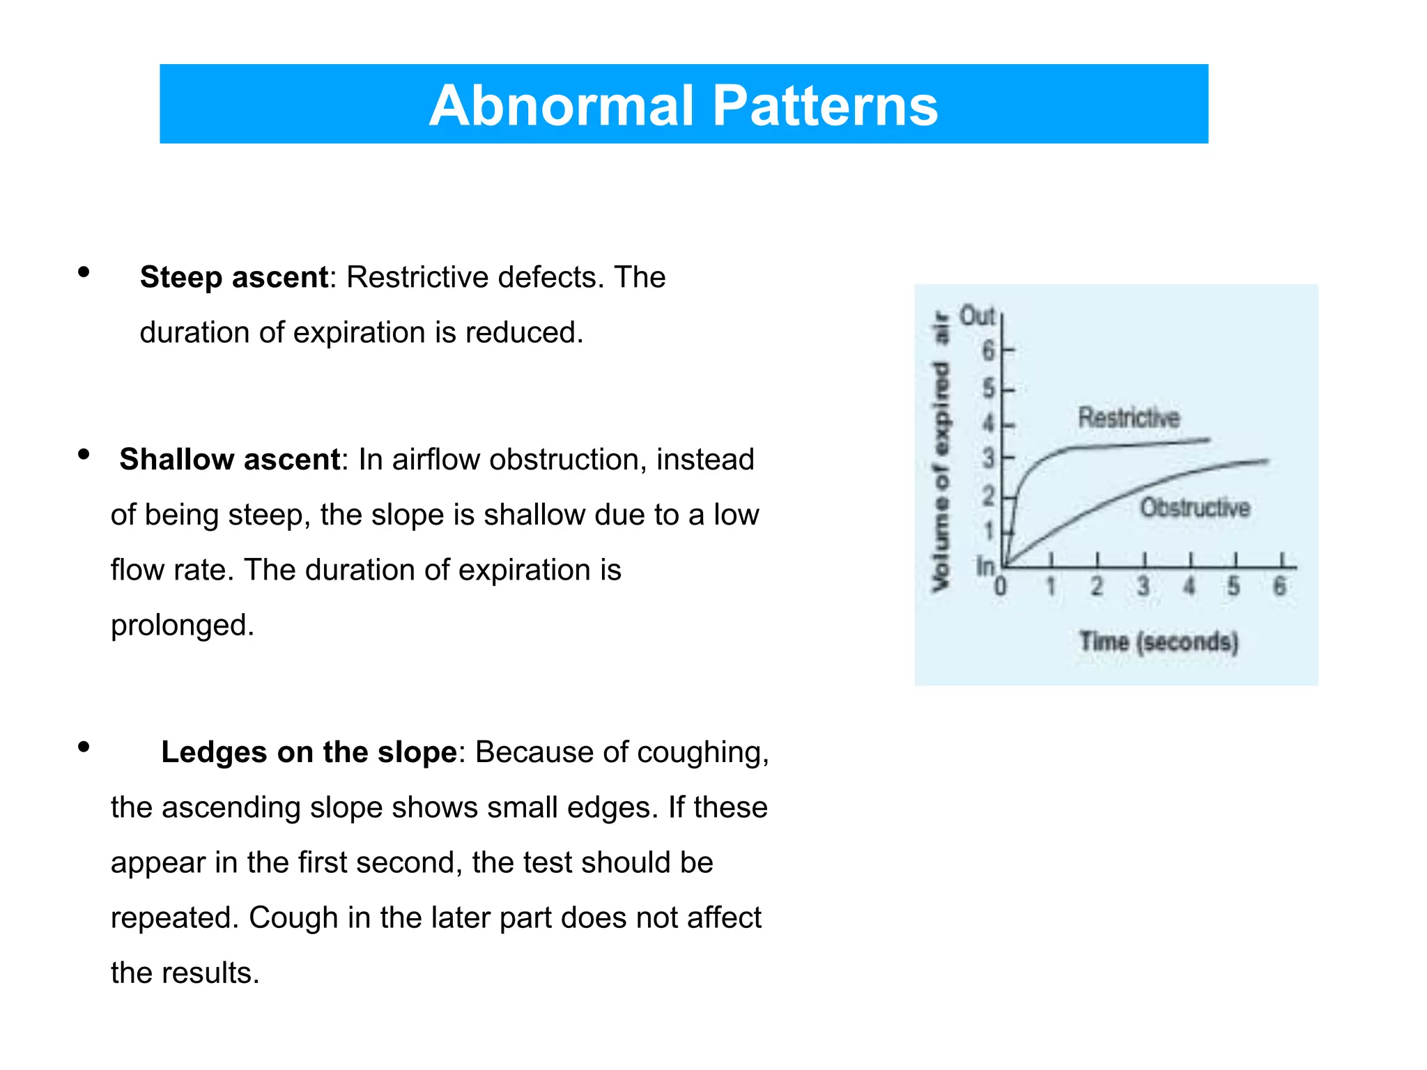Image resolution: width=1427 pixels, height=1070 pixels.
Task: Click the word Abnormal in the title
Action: pos(562,106)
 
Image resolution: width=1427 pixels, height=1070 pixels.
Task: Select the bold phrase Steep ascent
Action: pos(233,277)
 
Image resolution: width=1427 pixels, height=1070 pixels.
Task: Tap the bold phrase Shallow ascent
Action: pos(229,460)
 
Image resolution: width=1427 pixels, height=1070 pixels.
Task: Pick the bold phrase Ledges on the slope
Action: pos(309,752)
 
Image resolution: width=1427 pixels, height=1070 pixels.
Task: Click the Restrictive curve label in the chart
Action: pos(1129,418)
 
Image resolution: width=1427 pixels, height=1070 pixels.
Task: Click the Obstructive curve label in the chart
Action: pos(1194,508)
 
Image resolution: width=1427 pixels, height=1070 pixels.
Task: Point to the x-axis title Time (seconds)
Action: pos(1159,642)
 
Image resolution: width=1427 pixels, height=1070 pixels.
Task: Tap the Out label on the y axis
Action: pos(977,316)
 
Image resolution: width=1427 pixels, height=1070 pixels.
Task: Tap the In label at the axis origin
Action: pos(985,566)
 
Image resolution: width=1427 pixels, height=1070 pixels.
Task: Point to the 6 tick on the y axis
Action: pos(988,350)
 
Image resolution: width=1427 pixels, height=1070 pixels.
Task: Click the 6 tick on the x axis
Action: pos(1279,587)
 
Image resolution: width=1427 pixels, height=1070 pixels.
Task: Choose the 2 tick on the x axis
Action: pos(1097,587)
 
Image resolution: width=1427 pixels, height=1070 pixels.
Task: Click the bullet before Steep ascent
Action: pos(84,272)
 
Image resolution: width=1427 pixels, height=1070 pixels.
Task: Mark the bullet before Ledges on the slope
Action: pos(84,747)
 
